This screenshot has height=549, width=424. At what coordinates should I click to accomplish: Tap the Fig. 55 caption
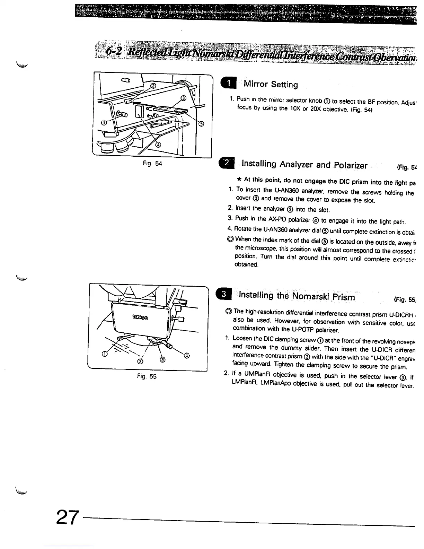click(x=147, y=376)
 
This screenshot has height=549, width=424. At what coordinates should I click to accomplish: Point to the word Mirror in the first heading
click(x=256, y=84)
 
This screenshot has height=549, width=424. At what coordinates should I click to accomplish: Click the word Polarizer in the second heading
click(x=351, y=165)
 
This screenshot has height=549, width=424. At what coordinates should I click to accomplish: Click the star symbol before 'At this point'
click(x=239, y=180)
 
